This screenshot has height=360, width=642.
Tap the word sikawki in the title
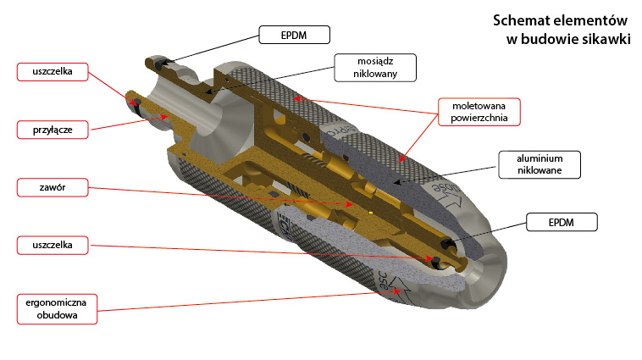tap(604, 38)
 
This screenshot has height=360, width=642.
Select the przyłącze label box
tap(52, 130)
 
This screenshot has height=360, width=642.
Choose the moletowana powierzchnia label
tap(479, 111)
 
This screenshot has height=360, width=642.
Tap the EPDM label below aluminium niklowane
tap(562, 224)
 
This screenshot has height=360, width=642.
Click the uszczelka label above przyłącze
tap(52, 72)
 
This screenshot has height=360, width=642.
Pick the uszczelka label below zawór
tap(52, 245)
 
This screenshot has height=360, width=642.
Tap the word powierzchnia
tap(479, 119)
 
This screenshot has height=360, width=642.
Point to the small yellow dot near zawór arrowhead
tap(372, 209)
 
